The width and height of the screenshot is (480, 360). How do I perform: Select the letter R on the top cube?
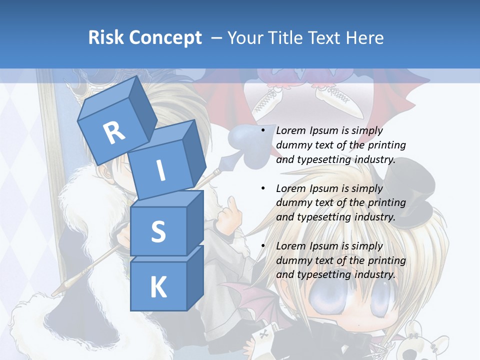pyautogui.click(x=114, y=133)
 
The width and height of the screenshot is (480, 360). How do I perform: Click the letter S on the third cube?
pyautogui.click(x=158, y=232)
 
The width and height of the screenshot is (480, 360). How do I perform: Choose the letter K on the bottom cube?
pyautogui.click(x=158, y=287)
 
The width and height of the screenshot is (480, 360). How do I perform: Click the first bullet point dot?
pyautogui.click(x=263, y=130)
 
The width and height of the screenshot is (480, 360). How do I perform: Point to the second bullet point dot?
pyautogui.click(x=263, y=188)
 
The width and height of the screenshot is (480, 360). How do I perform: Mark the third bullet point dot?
pyautogui.click(x=263, y=246)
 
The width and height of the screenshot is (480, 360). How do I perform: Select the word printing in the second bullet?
pyautogui.click(x=386, y=203)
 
